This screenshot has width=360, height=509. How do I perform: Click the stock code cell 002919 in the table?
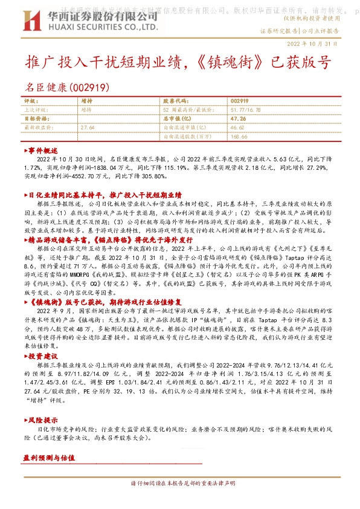pyautogui.click(x=239, y=100)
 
